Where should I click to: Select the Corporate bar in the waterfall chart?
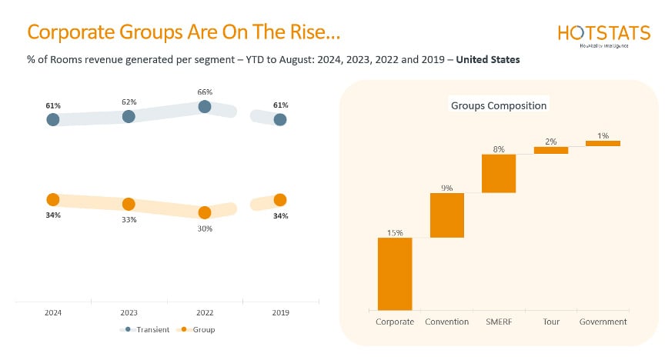(395, 273)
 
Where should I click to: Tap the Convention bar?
(447, 215)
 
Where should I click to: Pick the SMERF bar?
(499, 173)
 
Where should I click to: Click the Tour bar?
(550, 150)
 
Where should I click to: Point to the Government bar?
(603, 143)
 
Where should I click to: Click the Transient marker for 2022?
(204, 107)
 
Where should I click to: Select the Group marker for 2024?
(52, 199)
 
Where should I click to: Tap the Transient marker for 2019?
(280, 119)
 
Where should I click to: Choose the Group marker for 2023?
(129, 204)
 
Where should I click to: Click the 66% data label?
(204, 92)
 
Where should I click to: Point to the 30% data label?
(204, 228)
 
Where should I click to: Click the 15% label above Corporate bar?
(395, 232)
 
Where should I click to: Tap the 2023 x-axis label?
(129, 313)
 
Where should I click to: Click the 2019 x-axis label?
(280, 313)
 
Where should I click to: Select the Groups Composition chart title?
(499, 105)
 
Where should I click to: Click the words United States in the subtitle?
(488, 59)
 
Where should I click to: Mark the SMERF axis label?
(499, 322)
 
